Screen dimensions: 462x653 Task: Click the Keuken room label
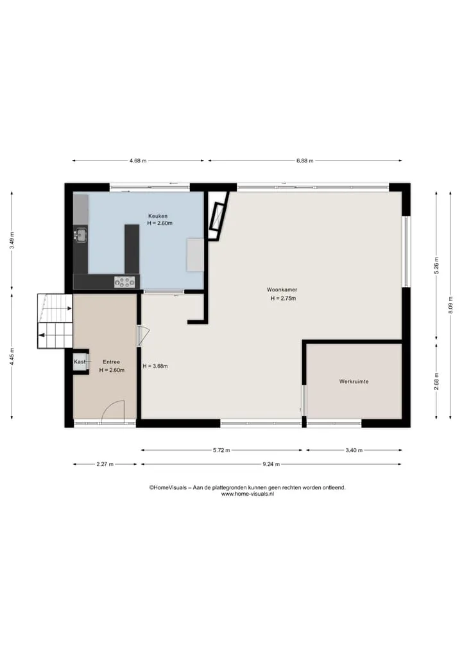pos(158,216)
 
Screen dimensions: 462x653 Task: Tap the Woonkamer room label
pos(282,290)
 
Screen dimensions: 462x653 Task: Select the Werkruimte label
pos(354,381)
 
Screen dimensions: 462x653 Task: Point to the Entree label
pos(111,362)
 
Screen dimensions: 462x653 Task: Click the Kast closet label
pos(80,361)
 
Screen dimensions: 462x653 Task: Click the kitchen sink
pos(80,235)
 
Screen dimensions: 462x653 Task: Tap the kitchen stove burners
pos(125,282)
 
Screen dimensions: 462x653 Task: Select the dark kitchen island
pos(132,249)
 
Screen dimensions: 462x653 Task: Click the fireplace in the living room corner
pos(218,216)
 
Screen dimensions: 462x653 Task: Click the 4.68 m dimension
pos(138,161)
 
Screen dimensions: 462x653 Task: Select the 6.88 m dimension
pos(305,161)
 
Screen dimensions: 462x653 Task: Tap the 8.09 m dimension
pos(450,305)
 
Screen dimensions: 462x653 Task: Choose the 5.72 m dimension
pos(221,450)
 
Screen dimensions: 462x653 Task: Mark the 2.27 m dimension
pos(105,464)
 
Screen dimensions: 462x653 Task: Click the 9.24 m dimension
pos(271,464)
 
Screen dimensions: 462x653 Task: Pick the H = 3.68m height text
pos(155,367)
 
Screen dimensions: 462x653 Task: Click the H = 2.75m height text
pos(283,298)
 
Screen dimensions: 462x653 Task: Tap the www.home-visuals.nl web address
pos(247,494)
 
